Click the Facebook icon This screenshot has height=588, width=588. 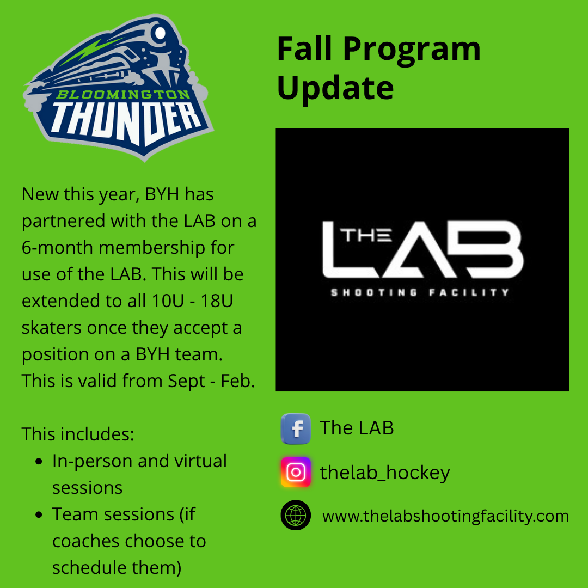pyautogui.click(x=296, y=428)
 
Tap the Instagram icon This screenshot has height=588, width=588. pyautogui.click(x=296, y=472)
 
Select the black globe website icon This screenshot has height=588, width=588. pyautogui.click(x=296, y=515)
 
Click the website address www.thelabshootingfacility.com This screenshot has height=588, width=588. pyautogui.click(x=445, y=516)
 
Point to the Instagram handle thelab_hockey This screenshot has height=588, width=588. pyautogui.click(x=385, y=473)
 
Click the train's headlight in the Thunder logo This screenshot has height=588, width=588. pyautogui.click(x=160, y=33)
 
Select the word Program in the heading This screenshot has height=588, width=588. pyautogui.click(x=412, y=50)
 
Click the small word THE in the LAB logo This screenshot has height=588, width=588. pyautogui.click(x=366, y=235)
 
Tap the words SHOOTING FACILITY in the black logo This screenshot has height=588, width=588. pyautogui.click(x=420, y=292)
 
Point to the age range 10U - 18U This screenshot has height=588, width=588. pyautogui.click(x=192, y=301)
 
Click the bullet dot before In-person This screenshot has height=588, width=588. pyautogui.click(x=39, y=462)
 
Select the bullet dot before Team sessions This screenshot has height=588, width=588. pyautogui.click(x=39, y=515)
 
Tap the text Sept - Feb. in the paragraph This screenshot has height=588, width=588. pyautogui.click(x=211, y=381)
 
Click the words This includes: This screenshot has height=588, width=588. pyautogui.click(x=78, y=434)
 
